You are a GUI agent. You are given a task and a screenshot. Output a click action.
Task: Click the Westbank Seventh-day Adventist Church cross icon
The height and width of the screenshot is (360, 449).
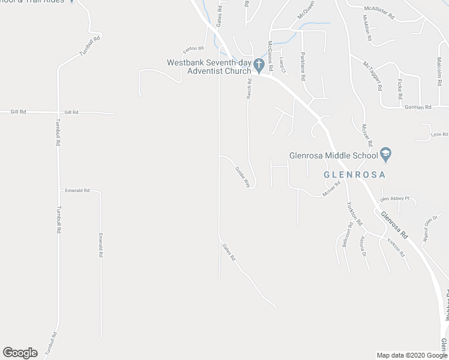tap(259, 64)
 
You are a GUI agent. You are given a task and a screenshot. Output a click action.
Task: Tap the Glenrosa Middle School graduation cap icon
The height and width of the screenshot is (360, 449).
tap(386, 156)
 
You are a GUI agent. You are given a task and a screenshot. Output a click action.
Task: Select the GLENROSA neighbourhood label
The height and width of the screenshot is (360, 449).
tap(354, 175)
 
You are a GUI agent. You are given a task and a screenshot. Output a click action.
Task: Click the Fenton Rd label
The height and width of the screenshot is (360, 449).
tap(194, 48)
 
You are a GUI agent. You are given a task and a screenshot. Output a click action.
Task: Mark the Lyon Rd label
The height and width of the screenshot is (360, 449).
tap(439, 134)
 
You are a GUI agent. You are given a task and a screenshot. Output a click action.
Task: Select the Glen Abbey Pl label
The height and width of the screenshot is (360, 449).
tap(394, 199)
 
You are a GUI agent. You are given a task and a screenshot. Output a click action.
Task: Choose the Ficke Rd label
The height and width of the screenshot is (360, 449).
tap(399, 88)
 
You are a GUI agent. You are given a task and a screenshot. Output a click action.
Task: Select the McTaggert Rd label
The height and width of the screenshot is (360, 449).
tap(372, 75)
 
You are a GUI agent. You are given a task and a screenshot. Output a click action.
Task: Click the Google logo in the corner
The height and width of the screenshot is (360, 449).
tap(20, 353)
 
